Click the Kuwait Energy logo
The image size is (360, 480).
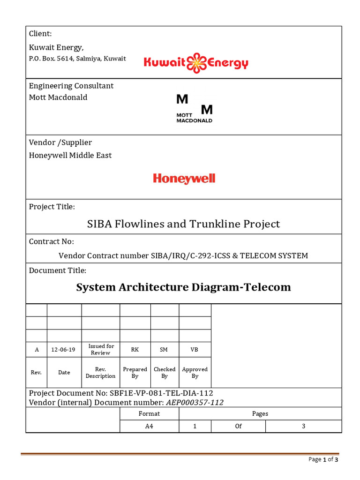tap(195, 63)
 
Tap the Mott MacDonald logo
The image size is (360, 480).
tap(194, 108)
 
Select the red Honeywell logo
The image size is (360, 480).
tap(184, 179)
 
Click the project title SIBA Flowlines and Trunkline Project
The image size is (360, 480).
tap(183, 224)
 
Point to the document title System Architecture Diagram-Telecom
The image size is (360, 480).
tap(183, 287)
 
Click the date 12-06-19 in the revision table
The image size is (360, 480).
tap(64, 350)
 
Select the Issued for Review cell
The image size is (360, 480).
tap(101, 350)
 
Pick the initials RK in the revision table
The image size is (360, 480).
tap(135, 350)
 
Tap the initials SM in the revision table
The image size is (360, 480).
tap(164, 350)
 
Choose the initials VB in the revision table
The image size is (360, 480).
tap(195, 350)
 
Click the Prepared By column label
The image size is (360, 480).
tap(135, 373)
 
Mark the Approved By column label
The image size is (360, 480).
tap(195, 373)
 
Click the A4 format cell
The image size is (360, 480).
tap(149, 426)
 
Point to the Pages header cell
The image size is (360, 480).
tap(260, 413)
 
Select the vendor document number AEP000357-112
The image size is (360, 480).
tap(195, 402)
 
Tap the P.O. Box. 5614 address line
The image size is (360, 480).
tap(77, 59)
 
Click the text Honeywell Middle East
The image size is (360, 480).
tap(70, 155)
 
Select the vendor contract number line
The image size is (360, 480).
tap(183, 255)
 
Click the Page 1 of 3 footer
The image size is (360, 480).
tap(323, 459)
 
